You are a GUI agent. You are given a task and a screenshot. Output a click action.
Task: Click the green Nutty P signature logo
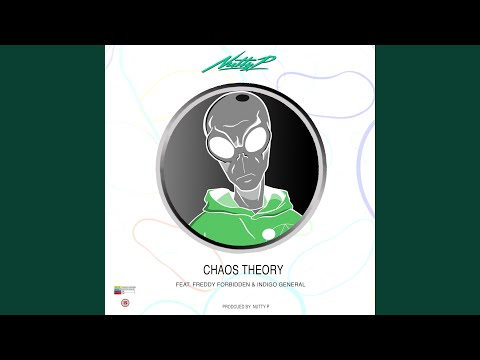tap(239, 65)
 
